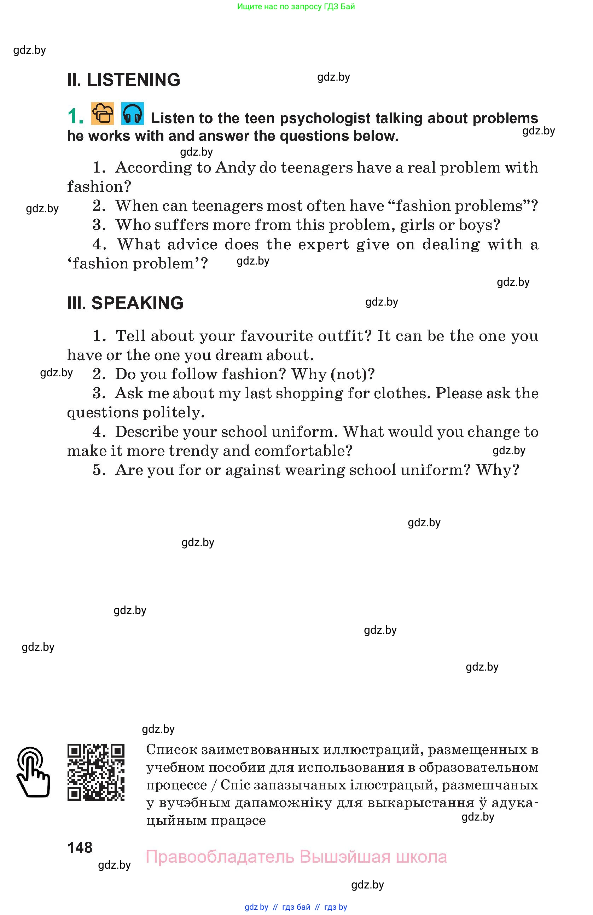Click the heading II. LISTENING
(123, 80)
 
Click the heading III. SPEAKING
(125, 303)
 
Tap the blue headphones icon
(132, 114)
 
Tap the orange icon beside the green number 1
(103, 114)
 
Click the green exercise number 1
(75, 116)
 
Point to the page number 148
(80, 847)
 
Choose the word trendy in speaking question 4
(194, 451)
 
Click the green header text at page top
(296, 6)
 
